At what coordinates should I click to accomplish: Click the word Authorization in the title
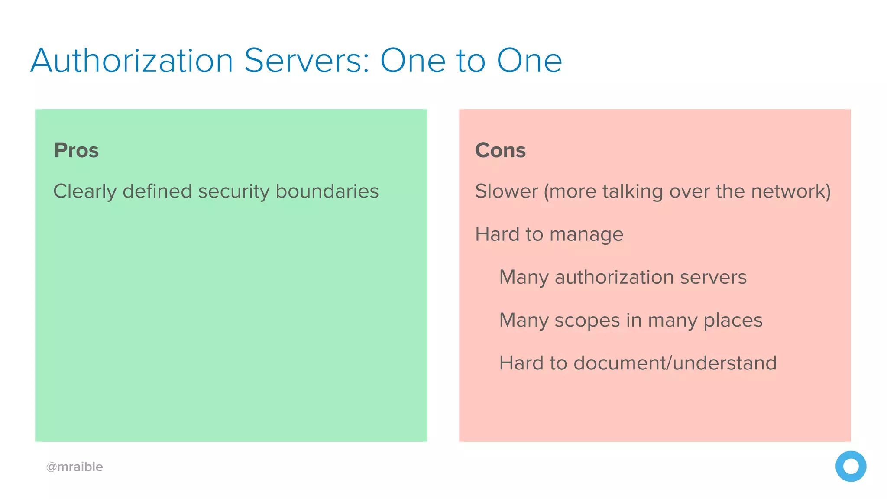132,61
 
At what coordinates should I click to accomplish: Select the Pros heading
76,150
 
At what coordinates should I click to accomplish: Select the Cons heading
500,150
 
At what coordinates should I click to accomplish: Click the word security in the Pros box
234,191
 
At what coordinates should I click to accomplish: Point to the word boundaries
327,191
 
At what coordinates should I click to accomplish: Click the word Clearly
85,191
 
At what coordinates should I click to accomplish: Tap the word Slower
506,191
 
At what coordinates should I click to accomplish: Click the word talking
633,191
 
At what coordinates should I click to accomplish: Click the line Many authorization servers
623,277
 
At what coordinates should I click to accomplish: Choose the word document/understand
675,363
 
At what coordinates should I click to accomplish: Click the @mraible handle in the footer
74,467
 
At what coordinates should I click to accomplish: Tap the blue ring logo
851,466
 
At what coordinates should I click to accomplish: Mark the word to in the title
471,61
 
